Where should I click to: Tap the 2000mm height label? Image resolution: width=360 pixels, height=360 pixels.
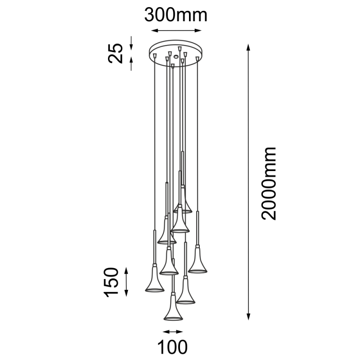(269, 183)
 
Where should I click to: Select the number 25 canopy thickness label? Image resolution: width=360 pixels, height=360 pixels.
(116, 53)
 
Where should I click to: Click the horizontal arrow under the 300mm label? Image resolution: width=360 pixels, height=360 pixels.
(175, 31)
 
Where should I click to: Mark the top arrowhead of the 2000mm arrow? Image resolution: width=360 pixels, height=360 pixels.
(248, 47)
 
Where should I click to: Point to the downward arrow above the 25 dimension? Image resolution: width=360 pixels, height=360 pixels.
(131, 44)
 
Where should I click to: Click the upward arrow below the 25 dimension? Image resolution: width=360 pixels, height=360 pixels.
(131, 63)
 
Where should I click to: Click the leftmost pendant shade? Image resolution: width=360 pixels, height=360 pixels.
(153, 282)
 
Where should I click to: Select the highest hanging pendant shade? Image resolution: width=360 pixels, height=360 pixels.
(183, 202)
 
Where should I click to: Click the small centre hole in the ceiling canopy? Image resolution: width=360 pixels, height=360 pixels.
(175, 57)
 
